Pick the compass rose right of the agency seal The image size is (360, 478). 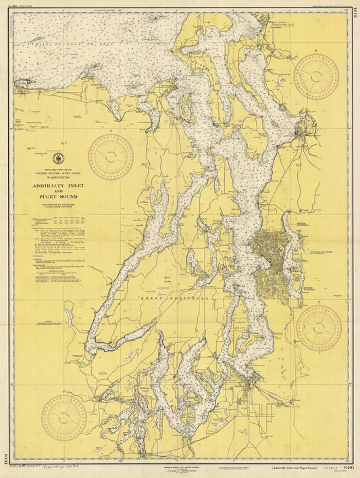point(110,156)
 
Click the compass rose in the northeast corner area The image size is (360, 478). point(316,77)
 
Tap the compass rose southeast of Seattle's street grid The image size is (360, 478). point(319,328)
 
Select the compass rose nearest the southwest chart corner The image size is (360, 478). point(63,417)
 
